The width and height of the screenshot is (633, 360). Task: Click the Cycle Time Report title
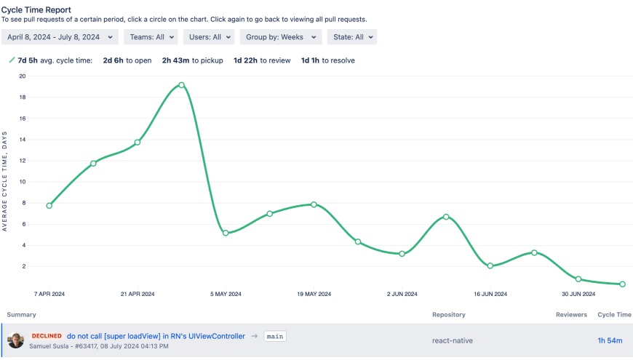point(36,10)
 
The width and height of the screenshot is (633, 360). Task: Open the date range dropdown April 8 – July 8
point(60,37)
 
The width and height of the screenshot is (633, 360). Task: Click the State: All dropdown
point(352,37)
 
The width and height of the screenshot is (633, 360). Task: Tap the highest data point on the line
point(181,85)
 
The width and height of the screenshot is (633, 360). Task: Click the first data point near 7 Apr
point(49,206)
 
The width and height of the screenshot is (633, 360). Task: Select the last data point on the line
point(622,284)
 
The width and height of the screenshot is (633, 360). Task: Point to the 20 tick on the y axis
point(22,76)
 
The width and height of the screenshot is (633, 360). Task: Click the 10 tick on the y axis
point(22,182)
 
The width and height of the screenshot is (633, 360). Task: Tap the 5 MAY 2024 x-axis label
point(226,295)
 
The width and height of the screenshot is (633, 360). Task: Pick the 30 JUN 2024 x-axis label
point(578,295)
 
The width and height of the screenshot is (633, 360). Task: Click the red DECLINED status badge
point(47,336)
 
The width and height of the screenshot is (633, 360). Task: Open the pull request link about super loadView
point(156,336)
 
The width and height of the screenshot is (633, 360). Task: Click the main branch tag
point(274,337)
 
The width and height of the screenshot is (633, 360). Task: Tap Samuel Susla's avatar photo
point(16,340)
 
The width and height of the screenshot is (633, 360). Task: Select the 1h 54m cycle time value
point(610,340)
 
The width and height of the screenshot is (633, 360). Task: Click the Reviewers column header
point(571,315)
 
